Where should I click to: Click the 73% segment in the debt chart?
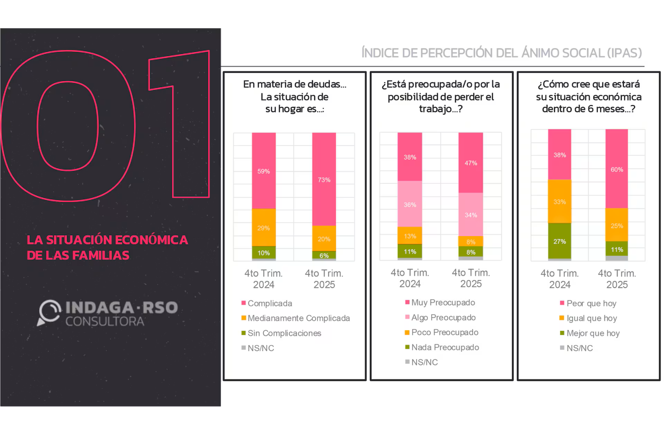(x=324, y=179)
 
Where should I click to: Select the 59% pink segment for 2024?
(x=264, y=171)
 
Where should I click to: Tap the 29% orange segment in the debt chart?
(x=264, y=228)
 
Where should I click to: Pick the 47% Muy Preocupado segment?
(x=471, y=163)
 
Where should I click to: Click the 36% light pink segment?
(x=410, y=204)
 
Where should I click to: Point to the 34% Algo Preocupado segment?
(x=471, y=215)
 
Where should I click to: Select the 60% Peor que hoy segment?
(x=617, y=169)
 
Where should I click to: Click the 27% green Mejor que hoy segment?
(x=559, y=241)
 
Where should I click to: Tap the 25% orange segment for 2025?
(x=617, y=225)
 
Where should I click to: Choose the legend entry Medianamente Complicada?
(x=298, y=318)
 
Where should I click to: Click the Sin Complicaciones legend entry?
(x=284, y=333)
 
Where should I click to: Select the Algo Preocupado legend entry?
(x=443, y=317)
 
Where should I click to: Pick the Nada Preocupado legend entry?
(x=445, y=347)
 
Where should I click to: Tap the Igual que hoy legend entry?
(x=591, y=318)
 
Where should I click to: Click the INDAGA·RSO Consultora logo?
(x=108, y=313)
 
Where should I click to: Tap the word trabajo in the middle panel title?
(x=435, y=109)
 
